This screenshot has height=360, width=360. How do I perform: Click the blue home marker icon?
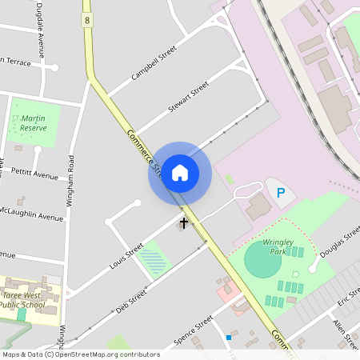[180, 172]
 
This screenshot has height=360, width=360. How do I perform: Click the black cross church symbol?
[184, 222]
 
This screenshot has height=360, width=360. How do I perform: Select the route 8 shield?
[87, 18]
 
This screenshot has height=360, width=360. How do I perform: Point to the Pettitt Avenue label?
[35, 174]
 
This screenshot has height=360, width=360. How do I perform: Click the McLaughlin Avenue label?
[31, 214]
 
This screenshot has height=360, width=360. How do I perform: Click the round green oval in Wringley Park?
[262, 260]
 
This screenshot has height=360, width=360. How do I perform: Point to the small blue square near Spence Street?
[228, 338]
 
